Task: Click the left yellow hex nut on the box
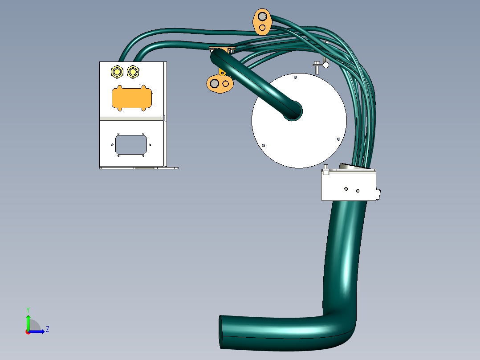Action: [x=117, y=71]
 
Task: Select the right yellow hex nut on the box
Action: [x=133, y=71]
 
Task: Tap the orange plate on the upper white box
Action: [x=132, y=98]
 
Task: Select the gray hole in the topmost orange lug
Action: [x=262, y=17]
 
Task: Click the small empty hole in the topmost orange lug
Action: [x=263, y=28]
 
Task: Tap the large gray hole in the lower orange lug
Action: [x=215, y=83]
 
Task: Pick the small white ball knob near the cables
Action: [x=326, y=65]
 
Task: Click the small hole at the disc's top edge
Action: [x=295, y=77]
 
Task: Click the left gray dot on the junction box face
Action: [x=346, y=188]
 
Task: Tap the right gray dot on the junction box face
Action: [x=358, y=191]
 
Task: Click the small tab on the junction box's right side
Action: [x=378, y=194]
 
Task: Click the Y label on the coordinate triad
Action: [x=28, y=309]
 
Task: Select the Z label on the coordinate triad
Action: [x=47, y=329]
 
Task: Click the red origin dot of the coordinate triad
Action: [x=28, y=332]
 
